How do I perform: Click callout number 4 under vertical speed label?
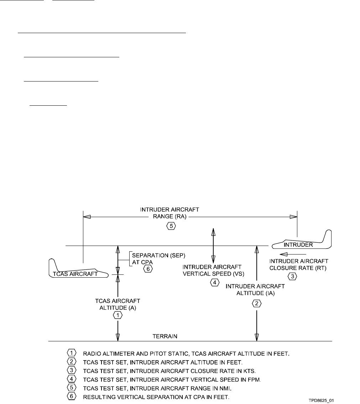(x=214, y=283)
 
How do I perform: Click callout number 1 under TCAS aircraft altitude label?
(x=118, y=315)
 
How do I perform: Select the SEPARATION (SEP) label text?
(x=153, y=255)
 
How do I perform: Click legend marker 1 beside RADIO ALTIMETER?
(x=71, y=353)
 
